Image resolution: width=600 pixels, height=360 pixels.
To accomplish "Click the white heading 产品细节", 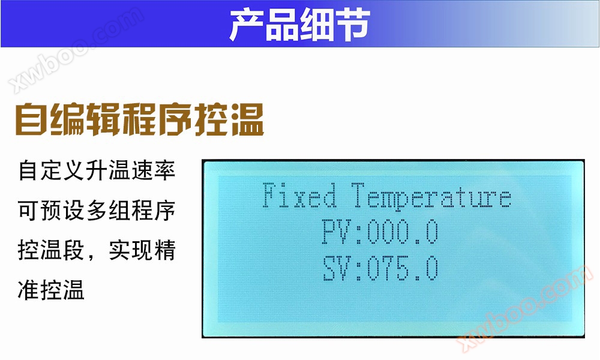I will coord(299,25).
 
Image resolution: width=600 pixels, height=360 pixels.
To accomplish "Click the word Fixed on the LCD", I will coord(299,197).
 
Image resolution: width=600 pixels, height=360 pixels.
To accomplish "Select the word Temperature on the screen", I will coord(431,197).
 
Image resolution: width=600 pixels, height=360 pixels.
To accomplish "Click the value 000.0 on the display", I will coord(403,232).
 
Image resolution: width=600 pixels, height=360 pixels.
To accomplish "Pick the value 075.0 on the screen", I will coord(403,268).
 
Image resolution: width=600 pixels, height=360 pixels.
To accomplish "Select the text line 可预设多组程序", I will coord(97,211).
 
